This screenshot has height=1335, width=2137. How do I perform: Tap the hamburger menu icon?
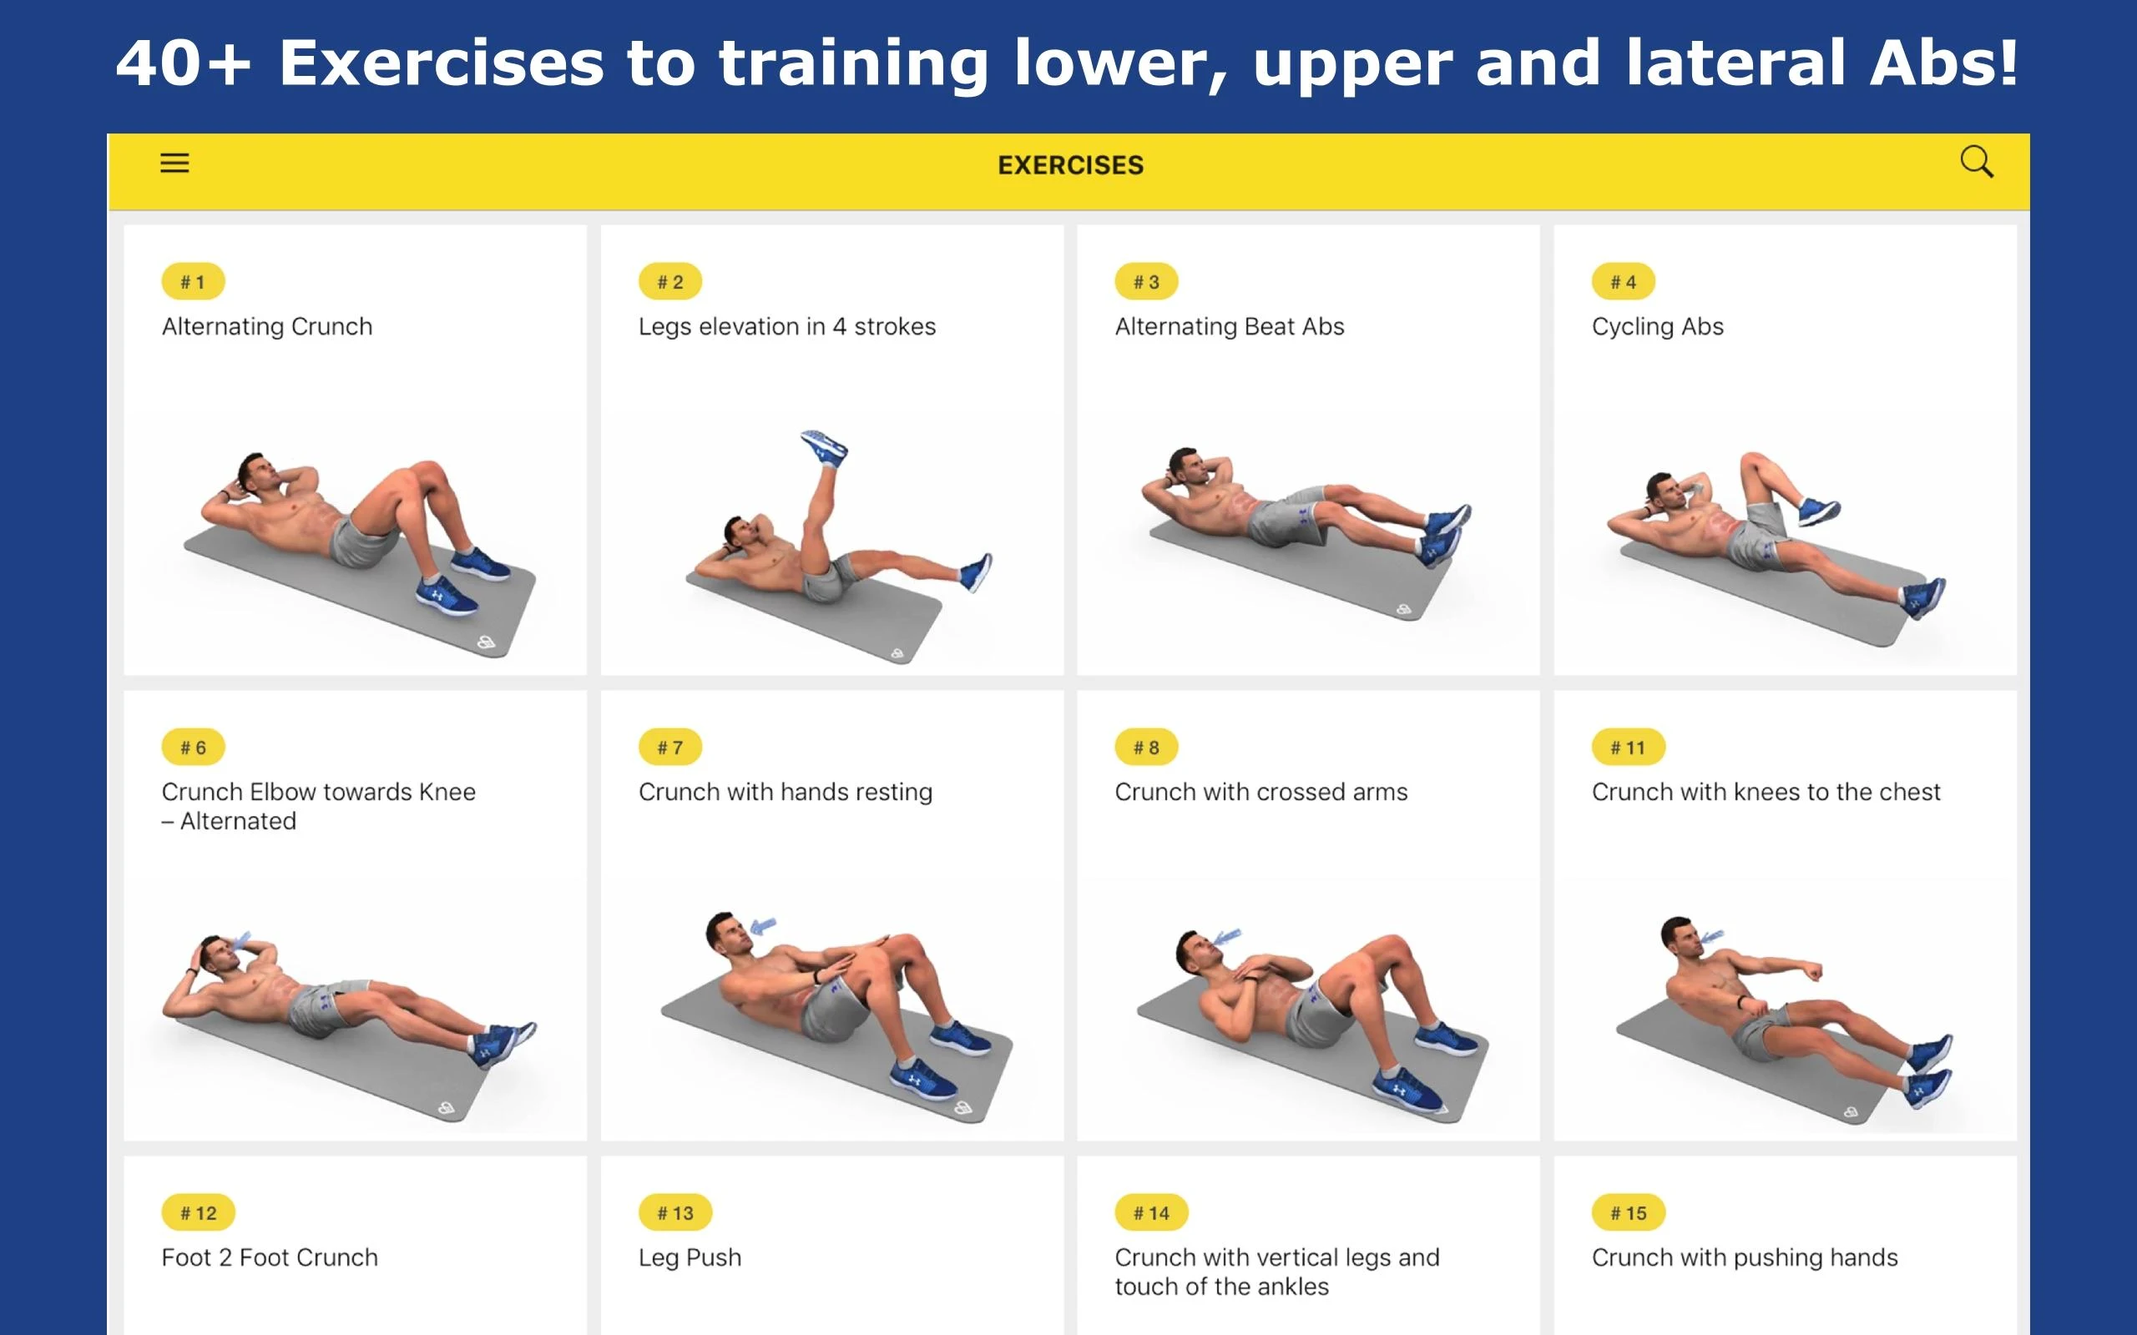click(174, 164)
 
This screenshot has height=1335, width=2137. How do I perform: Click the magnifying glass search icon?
click(1976, 163)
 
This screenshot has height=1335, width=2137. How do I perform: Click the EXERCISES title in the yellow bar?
click(1070, 165)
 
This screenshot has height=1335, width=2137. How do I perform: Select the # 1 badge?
click(193, 282)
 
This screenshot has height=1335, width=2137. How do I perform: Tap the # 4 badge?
click(1623, 282)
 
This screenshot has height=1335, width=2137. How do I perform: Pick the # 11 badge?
click(1629, 747)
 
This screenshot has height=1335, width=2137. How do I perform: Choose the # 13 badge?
click(675, 1212)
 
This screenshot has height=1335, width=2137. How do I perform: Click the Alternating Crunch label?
click(266, 327)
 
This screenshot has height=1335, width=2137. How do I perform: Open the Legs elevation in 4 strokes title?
click(787, 327)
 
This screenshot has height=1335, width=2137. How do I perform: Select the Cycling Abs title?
click(1658, 327)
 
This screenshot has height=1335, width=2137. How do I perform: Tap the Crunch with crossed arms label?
click(1261, 792)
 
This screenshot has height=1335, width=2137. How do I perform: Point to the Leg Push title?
click(690, 1257)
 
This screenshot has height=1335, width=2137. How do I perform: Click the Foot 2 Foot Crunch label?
click(270, 1257)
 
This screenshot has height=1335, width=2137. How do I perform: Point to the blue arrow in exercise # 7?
click(763, 926)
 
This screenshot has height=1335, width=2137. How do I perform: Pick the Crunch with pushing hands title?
click(1744, 1258)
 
